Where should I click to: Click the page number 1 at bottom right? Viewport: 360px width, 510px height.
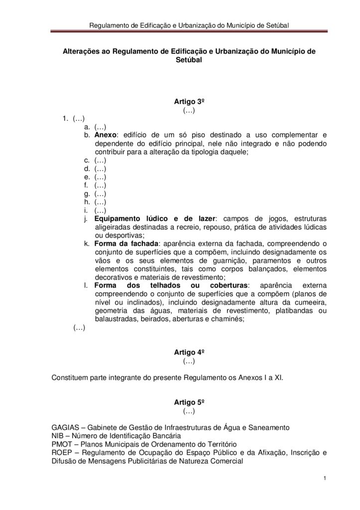[x=324, y=479]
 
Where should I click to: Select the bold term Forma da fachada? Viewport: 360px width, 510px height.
[x=125, y=244]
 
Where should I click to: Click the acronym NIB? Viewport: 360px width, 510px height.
[x=58, y=436]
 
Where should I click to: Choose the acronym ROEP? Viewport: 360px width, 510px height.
[x=62, y=453]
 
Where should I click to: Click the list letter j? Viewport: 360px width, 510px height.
[x=86, y=219]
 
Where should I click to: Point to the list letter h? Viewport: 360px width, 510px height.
[x=87, y=202]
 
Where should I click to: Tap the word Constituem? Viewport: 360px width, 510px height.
[x=71, y=378]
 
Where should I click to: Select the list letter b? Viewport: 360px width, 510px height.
[x=87, y=135]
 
